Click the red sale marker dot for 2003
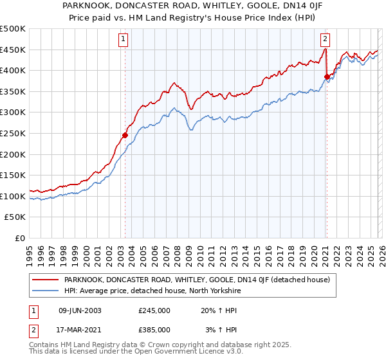click(x=125, y=135)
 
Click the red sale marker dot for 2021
click(x=327, y=76)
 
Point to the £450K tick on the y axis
click(x=13, y=50)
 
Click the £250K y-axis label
click(x=13, y=134)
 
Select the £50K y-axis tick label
click(x=15, y=217)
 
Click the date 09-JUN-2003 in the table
click(x=80, y=310)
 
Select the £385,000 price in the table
click(x=154, y=330)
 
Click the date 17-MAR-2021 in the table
click(x=80, y=330)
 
